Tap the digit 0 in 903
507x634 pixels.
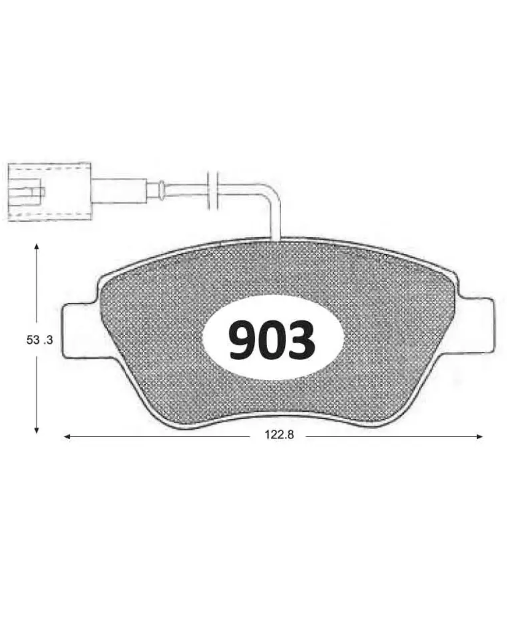tap(272, 340)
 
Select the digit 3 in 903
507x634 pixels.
tap(301, 340)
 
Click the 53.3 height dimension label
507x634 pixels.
tap(39, 340)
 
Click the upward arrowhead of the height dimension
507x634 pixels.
tap(37, 247)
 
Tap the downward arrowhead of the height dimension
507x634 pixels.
tap(37, 431)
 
